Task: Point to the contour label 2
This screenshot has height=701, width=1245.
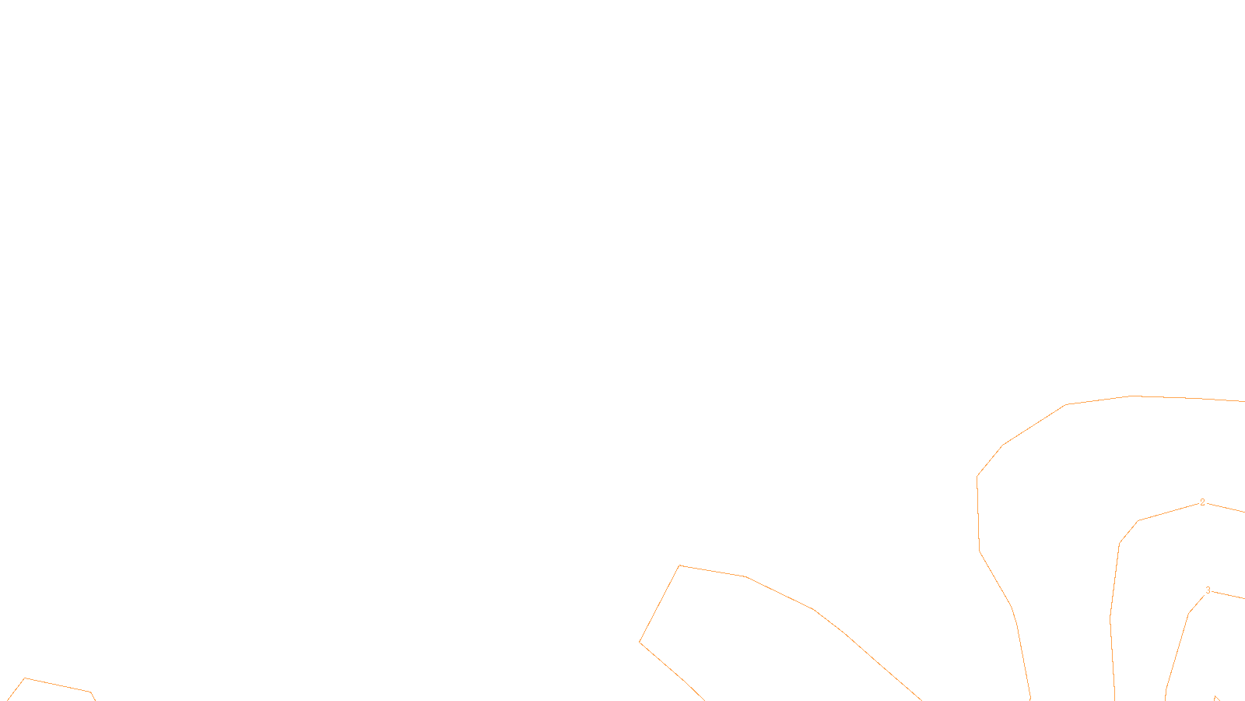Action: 1202,502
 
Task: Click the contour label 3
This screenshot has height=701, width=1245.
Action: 1208,590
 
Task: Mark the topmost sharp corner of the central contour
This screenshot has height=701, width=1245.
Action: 679,565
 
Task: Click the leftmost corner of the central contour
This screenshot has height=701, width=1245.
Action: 640,643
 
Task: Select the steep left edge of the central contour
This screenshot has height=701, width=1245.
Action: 659,604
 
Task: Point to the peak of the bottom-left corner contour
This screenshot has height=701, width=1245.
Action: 25,678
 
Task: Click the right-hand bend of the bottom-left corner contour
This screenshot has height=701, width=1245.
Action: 91,692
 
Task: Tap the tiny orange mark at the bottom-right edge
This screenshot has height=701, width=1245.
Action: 1216,698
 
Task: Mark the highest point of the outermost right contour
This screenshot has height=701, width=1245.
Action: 1133,396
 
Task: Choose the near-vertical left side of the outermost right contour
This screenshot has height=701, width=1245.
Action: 978,514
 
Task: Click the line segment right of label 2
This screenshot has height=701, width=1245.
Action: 1226,508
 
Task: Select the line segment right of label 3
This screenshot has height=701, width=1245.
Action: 1228,595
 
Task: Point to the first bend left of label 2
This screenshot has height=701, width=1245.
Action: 1138,521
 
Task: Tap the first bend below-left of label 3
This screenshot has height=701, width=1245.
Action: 1188,614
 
